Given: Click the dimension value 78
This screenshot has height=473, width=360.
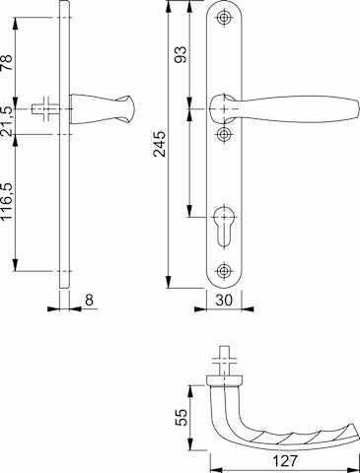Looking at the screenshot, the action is [7, 63].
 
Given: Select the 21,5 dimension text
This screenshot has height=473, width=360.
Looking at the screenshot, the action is [7, 121].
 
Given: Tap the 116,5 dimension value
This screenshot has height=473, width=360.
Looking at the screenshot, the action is [7, 202].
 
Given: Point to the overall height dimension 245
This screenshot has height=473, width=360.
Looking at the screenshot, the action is [160, 144].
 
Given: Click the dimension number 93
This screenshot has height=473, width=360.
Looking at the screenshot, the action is [180, 54].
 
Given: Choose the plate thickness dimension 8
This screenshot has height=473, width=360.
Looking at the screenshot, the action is [89, 300].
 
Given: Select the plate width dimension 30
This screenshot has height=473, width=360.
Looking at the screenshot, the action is [224, 300].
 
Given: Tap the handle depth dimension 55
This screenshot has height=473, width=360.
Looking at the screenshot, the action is [181, 417].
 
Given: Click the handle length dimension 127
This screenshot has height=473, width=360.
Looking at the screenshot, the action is [285, 461].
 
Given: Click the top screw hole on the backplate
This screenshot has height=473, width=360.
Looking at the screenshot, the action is [224, 18].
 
